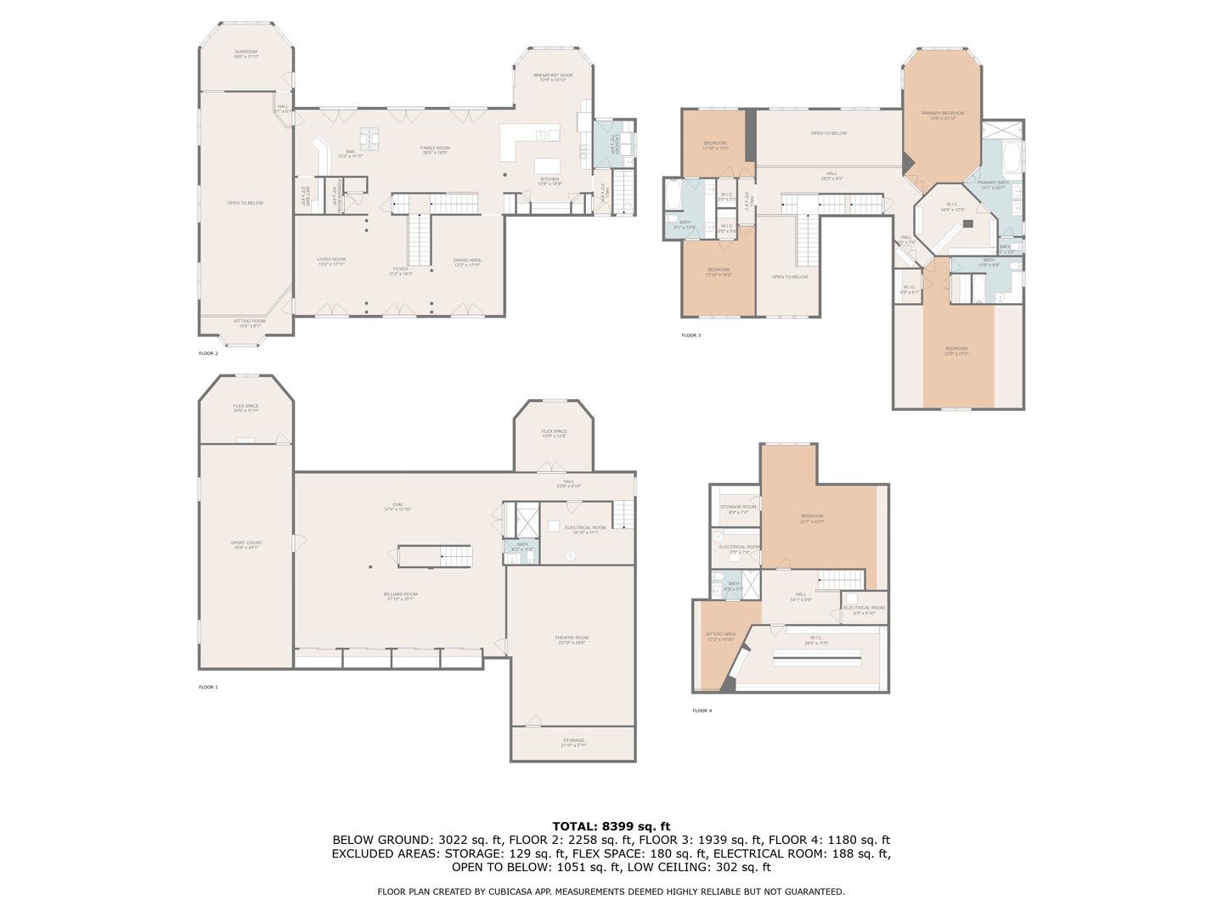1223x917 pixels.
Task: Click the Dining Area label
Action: (467, 262)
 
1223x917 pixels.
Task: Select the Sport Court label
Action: (246, 544)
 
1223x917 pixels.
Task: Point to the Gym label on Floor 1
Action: (397, 506)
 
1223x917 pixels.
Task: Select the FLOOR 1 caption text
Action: (208, 687)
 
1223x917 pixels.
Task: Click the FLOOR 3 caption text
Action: (690, 335)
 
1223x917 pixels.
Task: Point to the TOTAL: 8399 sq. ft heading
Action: (611, 825)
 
